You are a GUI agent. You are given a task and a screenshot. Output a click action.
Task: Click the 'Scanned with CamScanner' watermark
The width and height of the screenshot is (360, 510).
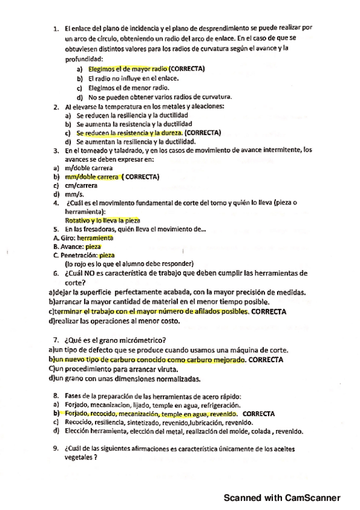click(x=282, y=497)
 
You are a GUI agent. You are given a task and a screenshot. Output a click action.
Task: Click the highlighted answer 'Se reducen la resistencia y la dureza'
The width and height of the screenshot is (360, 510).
click(x=129, y=132)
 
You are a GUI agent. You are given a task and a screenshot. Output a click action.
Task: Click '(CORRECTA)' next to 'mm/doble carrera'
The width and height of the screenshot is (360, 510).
click(x=141, y=177)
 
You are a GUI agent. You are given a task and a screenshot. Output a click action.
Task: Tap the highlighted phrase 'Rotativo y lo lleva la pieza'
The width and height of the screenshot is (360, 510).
click(x=102, y=221)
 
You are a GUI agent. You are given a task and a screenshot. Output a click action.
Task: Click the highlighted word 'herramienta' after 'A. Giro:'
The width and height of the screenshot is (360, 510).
click(x=95, y=238)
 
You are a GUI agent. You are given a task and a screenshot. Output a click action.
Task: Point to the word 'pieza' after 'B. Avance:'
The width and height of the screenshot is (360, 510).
click(x=93, y=247)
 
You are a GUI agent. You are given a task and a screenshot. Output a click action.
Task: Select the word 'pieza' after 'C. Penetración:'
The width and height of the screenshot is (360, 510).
click(x=106, y=255)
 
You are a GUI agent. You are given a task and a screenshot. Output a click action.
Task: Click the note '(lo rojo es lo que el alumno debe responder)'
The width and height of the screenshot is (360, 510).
click(x=129, y=263)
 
